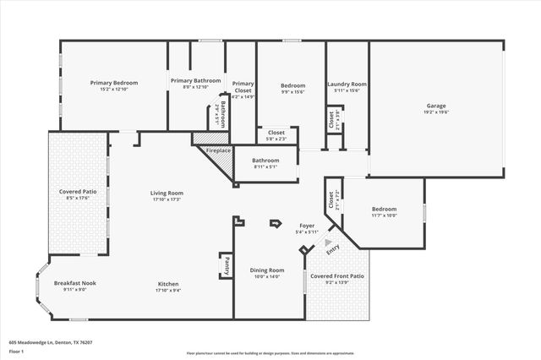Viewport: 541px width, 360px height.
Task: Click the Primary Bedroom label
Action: coord(114,83)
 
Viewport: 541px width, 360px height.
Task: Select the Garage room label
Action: coord(436,106)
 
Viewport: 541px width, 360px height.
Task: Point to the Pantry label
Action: coord(227,266)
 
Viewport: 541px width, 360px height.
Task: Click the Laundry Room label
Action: coord(347,84)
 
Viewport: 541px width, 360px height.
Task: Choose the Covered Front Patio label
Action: coord(336,276)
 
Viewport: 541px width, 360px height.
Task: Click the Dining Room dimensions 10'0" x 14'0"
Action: coord(267,276)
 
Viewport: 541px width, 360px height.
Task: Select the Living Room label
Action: coord(167,193)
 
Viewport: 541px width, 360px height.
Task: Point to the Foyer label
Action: coord(306,226)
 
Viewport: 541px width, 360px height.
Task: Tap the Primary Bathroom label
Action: coord(195,80)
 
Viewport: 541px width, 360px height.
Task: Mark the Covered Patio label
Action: coord(77,192)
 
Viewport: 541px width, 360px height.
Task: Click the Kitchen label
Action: coord(167,283)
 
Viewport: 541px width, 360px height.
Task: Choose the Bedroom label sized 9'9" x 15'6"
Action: coord(292,85)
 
